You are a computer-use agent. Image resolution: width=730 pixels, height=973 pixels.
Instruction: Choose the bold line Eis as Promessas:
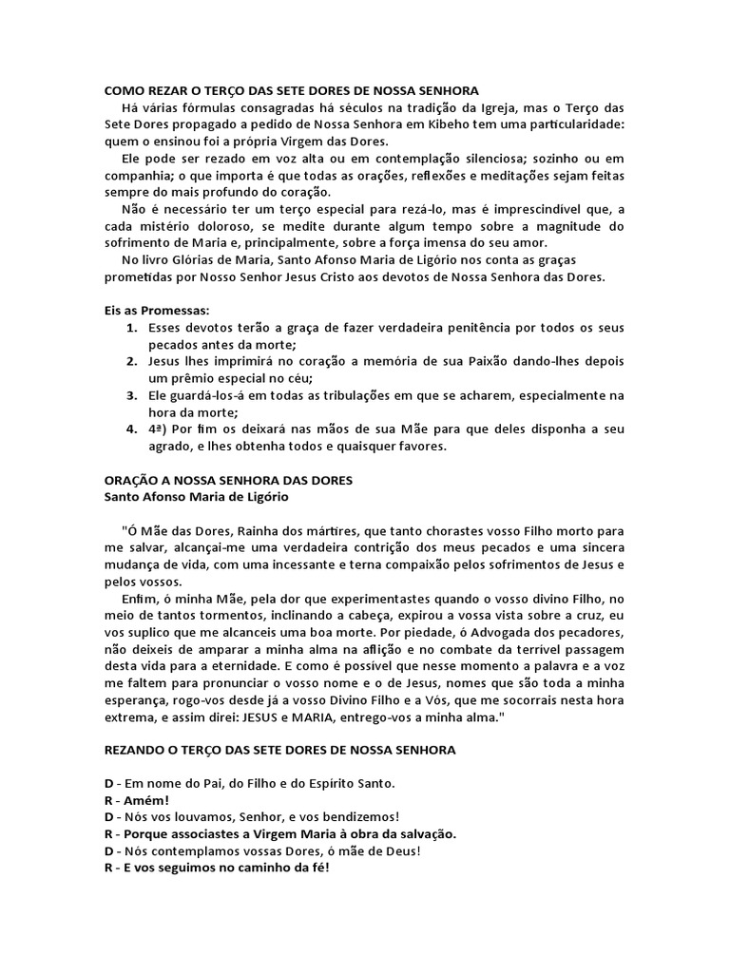157,311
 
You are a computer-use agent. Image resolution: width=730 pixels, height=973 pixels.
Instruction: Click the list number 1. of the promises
132,328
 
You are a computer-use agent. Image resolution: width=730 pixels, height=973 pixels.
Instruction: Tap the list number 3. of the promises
132,396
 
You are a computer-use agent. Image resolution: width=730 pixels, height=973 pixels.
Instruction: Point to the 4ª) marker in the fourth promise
161,430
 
